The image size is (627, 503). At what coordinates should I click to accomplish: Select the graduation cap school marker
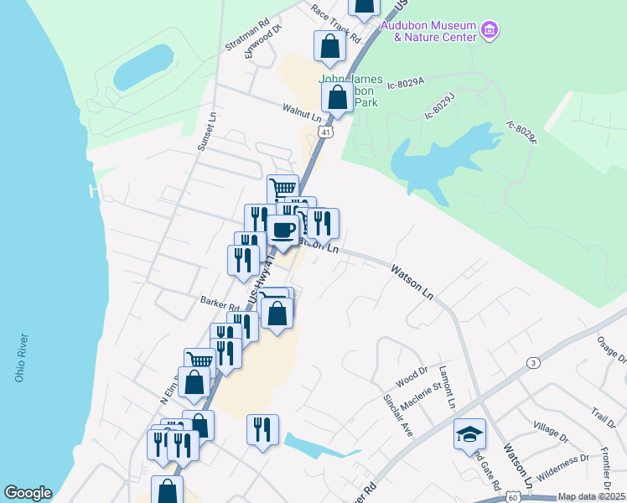coord(469,434)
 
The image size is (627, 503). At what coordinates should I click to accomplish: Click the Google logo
coord(28,493)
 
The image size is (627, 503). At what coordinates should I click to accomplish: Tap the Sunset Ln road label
coord(206,133)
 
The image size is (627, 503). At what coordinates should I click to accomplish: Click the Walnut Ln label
coord(302,112)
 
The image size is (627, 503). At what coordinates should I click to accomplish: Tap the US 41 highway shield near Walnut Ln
coord(326,132)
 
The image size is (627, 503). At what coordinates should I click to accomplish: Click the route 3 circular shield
coord(532,362)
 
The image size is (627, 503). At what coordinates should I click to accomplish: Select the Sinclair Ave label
coord(398,415)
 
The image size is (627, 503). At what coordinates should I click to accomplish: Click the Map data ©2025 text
coord(591,496)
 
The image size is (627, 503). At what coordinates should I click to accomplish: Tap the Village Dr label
coord(550,432)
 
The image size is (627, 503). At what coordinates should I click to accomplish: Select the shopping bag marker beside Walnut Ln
coord(337,97)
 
